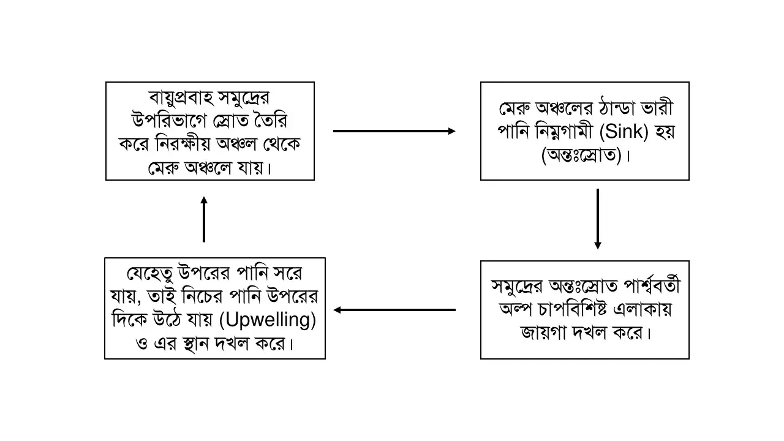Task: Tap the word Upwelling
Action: coord(268,320)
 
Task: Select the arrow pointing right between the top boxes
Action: coord(394,131)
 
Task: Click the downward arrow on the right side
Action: coord(598,219)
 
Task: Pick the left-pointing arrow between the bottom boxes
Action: coord(394,310)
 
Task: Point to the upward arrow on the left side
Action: coord(204,219)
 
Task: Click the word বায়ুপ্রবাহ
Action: coord(181,98)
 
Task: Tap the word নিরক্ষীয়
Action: coord(183,145)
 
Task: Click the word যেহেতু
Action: coord(150,273)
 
